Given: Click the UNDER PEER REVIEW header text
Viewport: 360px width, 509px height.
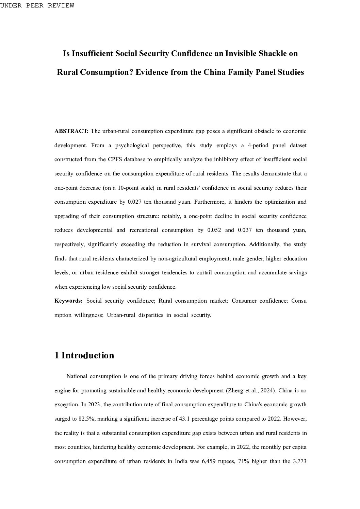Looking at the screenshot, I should click(x=37, y=5).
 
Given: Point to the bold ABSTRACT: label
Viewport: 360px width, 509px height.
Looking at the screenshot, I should click(x=71, y=131).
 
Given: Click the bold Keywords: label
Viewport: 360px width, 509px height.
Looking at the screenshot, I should click(x=68, y=301).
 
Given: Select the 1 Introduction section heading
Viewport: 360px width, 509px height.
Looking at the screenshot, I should click(x=84, y=355).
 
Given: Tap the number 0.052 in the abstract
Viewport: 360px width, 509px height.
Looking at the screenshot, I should click(x=214, y=230).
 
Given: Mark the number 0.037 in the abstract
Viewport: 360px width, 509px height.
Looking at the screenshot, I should click(x=245, y=230).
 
